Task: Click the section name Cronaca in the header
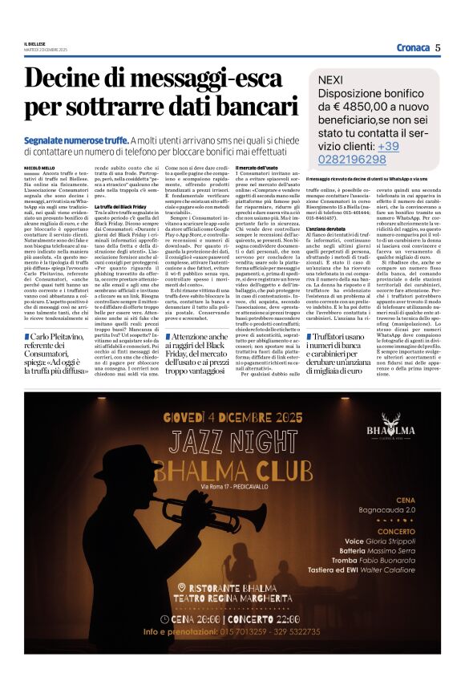tap(413, 47)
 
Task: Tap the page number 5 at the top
tap(439, 47)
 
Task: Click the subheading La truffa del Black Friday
tap(121, 207)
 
